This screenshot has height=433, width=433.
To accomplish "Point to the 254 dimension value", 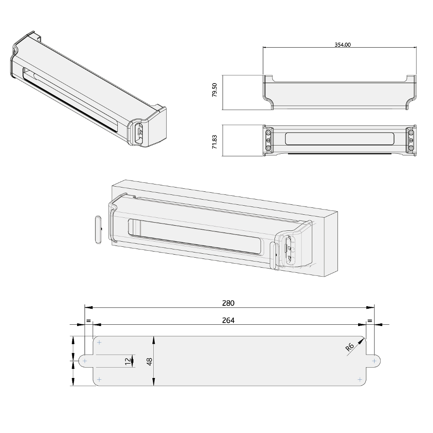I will (x=228, y=320).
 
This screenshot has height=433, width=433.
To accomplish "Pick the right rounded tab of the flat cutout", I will (x=374, y=360).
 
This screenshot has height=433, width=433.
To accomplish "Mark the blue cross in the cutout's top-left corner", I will (x=100, y=343).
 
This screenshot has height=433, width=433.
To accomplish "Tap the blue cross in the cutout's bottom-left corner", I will (x=100, y=379).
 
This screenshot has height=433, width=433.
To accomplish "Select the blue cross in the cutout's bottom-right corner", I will (x=361, y=379).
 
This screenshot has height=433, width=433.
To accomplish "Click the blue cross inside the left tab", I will (x=85, y=361).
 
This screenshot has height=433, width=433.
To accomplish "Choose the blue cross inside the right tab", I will (x=375, y=360).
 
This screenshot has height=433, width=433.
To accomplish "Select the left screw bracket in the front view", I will (x=269, y=140).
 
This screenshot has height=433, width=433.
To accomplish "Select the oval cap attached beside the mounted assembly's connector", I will (x=273, y=255).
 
